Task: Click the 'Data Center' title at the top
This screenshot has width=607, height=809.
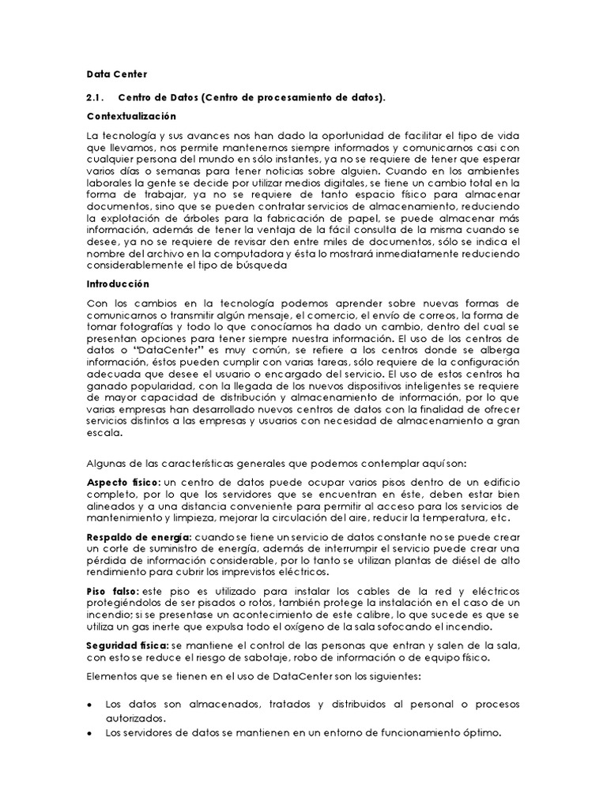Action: click(111, 74)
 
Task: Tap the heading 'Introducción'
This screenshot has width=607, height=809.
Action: click(118, 284)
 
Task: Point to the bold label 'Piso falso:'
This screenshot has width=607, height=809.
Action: click(112, 591)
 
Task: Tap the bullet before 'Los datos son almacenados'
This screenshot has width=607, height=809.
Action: click(90, 704)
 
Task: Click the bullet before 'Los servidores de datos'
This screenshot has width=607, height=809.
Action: click(90, 732)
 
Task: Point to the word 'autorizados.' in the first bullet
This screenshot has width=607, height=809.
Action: click(136, 718)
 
